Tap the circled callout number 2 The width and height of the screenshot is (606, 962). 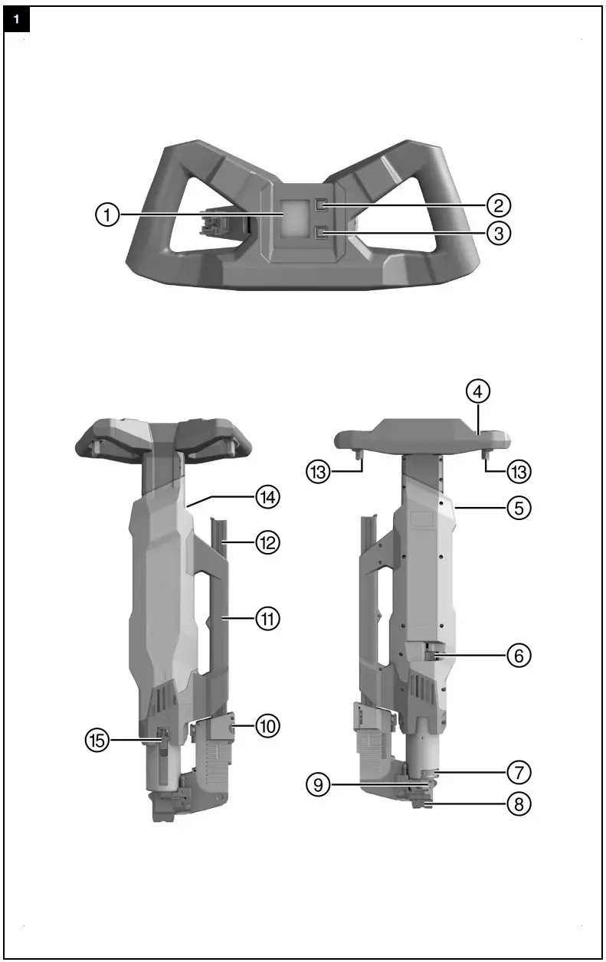click(x=499, y=205)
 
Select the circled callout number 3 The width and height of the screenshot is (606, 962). click(x=499, y=233)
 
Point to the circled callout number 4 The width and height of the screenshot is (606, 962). click(x=478, y=391)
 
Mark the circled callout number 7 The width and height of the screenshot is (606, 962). click(x=519, y=770)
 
